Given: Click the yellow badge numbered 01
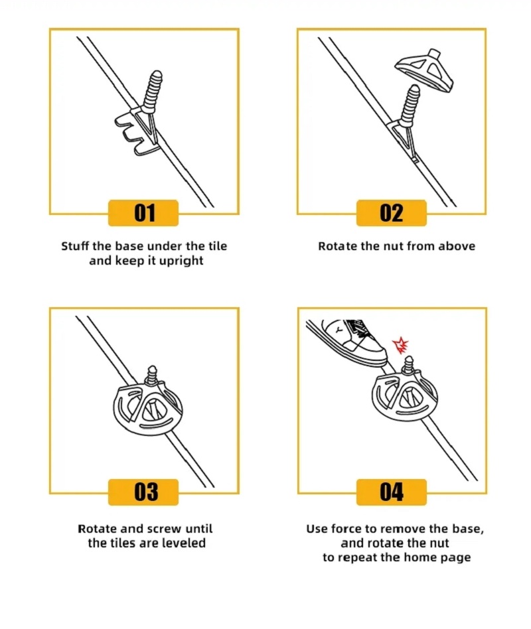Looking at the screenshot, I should [143, 213].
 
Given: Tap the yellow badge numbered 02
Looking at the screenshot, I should [391, 213].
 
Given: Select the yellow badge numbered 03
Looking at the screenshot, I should [143, 492].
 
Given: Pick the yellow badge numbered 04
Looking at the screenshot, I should [391, 492].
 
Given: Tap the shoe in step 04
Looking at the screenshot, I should [348, 338].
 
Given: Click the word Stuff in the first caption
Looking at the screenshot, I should [74, 246].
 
